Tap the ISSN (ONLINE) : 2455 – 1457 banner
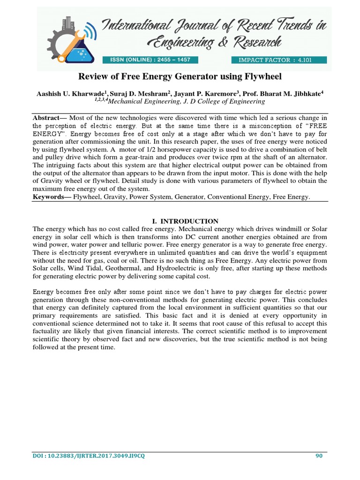point(150,60)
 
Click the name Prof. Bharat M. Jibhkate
point(285,94)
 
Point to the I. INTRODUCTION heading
point(180,221)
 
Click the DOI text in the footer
point(89,457)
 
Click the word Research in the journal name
point(255,43)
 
